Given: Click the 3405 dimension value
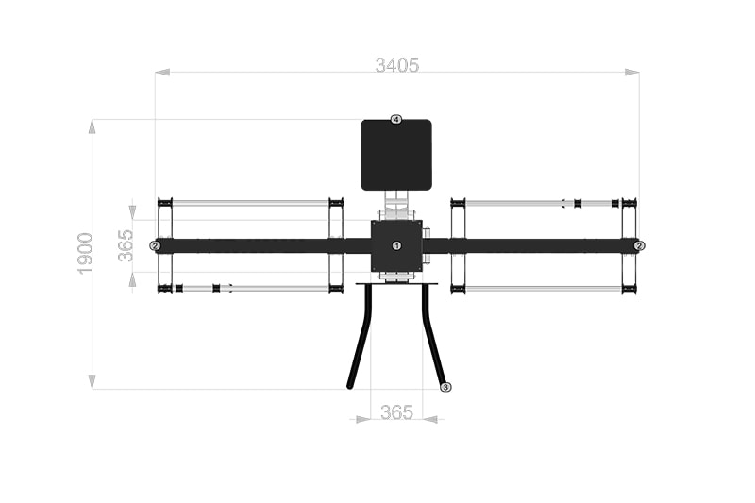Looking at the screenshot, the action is tap(397, 65).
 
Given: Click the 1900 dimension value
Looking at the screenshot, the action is tap(85, 254).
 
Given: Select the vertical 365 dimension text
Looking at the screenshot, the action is tap(126, 245).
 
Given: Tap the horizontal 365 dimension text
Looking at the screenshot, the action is tap(396, 412).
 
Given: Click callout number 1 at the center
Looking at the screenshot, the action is tap(396, 245).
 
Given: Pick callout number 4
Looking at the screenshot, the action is tap(395, 119).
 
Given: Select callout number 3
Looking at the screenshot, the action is tap(445, 387).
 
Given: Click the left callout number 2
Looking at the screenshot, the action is tap(155, 246).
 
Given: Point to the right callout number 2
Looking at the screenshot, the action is tap(639, 246).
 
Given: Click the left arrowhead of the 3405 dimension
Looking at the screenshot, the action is tap(162, 73).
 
